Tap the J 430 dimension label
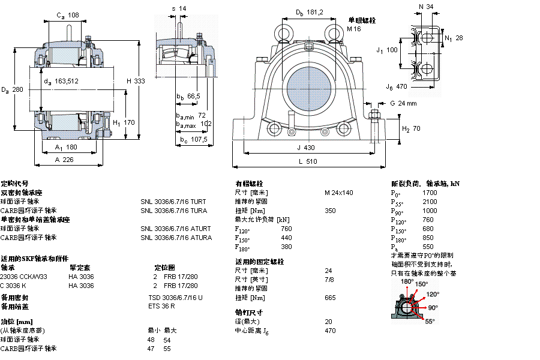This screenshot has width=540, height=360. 306,148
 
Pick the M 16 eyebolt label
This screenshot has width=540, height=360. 355,28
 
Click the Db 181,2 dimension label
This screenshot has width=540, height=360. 310,12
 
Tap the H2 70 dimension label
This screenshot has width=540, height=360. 411,129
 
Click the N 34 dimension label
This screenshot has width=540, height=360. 426,7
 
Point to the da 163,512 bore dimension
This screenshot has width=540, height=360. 61,81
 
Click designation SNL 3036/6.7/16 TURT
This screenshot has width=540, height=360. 173,202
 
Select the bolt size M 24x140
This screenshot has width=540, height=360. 339,193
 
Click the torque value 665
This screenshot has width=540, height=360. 330,298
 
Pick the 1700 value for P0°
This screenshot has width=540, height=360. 430,193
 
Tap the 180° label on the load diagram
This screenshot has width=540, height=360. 407,281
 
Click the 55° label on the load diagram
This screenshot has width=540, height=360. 430,322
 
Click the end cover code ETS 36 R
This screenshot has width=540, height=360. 161,307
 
